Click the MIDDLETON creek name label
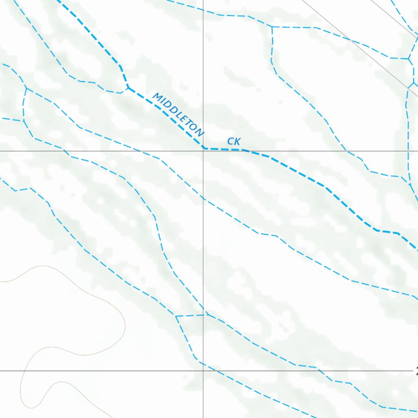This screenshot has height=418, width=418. tap(178, 115)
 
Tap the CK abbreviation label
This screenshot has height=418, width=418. tap(234, 142)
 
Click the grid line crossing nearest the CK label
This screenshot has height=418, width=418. tap(203, 151)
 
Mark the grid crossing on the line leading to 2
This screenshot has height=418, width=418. tap(203, 371)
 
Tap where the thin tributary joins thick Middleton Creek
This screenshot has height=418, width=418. tap(128, 87)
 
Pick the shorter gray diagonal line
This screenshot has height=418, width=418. tap(394, 18)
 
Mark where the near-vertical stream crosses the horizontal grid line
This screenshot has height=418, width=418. tap(408, 151)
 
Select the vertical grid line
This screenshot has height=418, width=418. tap(203, 245)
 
